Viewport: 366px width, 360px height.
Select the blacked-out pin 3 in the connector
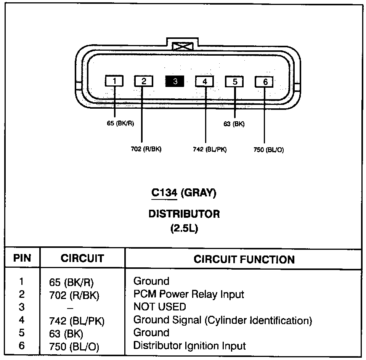tap(175, 81)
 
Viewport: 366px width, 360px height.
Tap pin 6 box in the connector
tap(265, 82)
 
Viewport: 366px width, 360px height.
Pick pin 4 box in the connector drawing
tap(205, 81)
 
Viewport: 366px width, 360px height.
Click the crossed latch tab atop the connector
tap(182, 47)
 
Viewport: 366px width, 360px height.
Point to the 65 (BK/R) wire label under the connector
tap(120, 124)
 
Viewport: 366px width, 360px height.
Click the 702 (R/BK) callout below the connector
tap(146, 149)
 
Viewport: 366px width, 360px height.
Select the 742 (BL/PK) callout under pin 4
tap(210, 149)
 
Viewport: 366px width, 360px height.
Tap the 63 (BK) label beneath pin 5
tap(234, 124)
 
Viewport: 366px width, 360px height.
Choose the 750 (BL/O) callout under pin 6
tap(268, 149)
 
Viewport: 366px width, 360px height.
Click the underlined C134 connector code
tap(164, 193)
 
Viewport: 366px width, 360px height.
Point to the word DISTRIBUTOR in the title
tap(184, 214)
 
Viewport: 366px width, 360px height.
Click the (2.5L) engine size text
tap(184, 229)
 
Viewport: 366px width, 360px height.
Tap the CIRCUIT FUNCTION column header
tap(244, 260)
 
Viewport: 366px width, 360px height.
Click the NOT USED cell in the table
tap(160, 307)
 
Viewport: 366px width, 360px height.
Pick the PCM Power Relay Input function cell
tap(189, 294)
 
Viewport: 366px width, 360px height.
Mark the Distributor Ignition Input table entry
tap(189, 346)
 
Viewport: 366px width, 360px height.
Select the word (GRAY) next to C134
tap(199, 193)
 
